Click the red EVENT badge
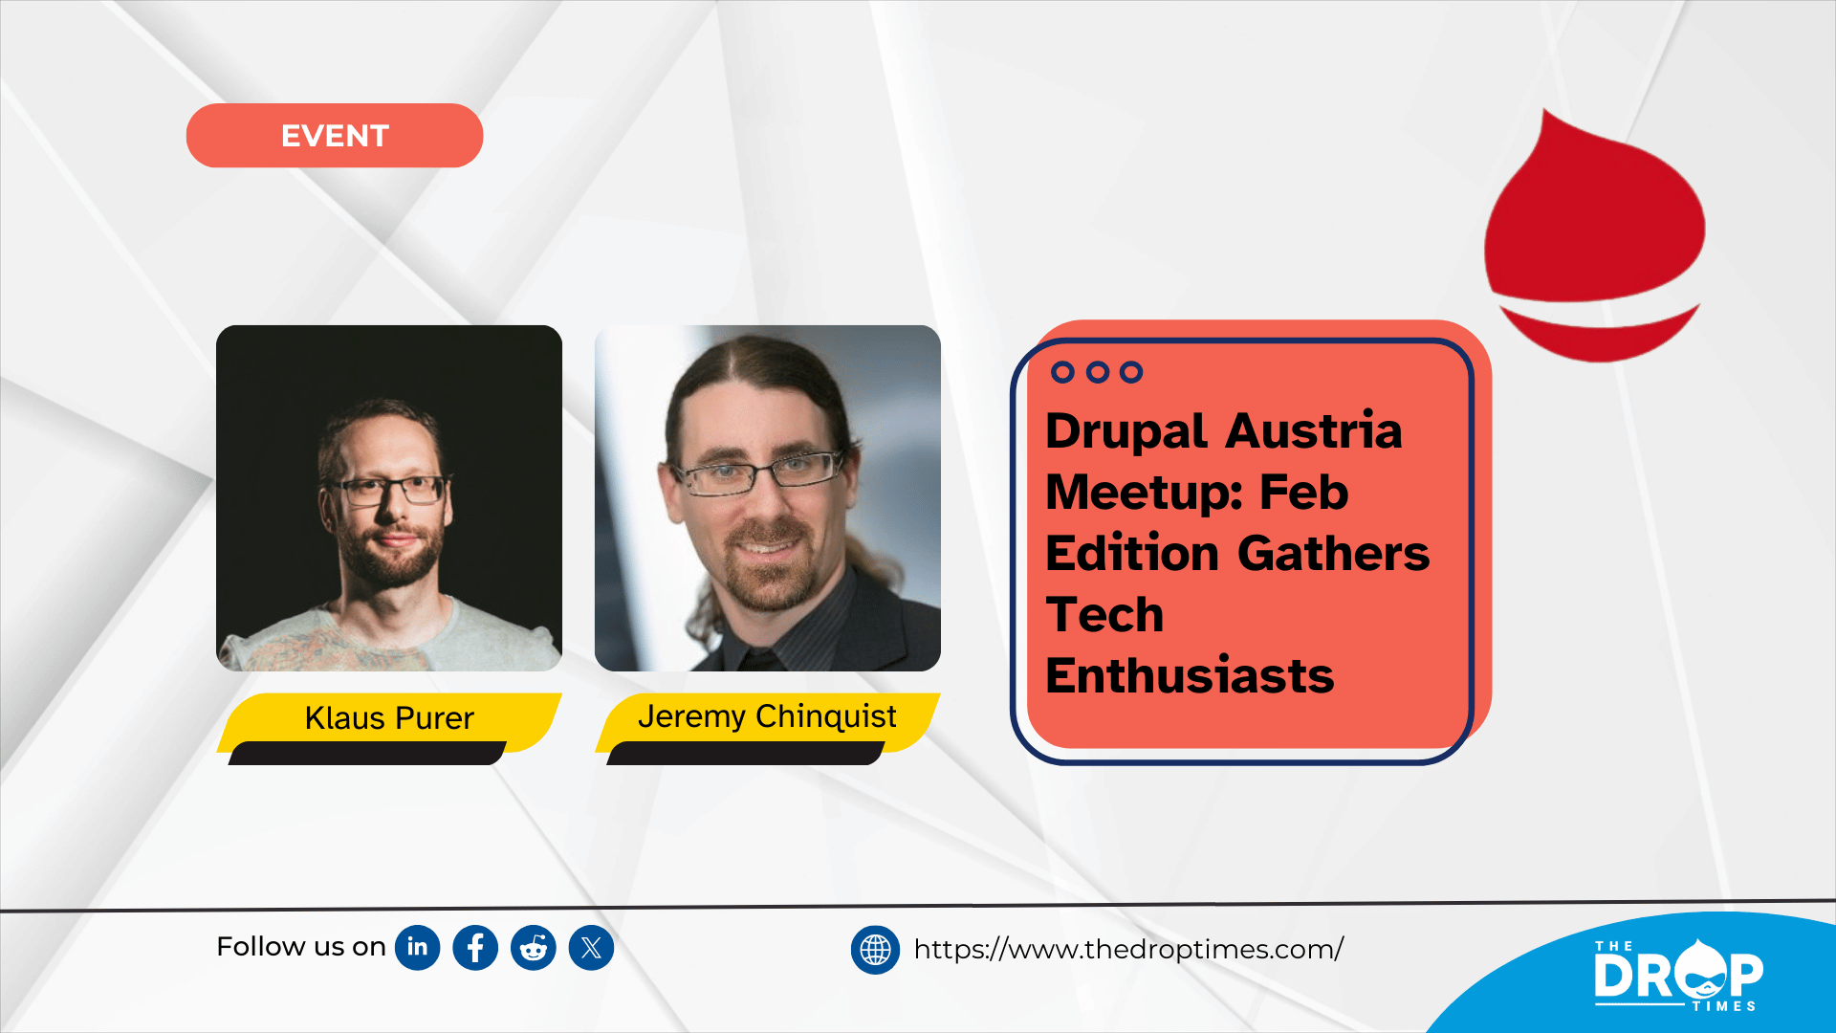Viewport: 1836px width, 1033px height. pyautogui.click(x=335, y=136)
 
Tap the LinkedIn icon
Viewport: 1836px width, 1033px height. pyautogui.click(x=418, y=948)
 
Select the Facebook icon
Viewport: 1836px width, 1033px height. pyautogui.click(x=475, y=948)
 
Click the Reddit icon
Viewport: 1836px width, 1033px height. pyautogui.click(x=534, y=948)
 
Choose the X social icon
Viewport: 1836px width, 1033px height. pyautogui.click(x=591, y=948)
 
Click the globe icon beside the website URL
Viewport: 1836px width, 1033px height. pyautogui.click(x=875, y=950)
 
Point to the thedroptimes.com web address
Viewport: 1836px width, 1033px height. pyautogui.click(x=1128, y=949)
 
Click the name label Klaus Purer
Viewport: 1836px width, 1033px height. pyautogui.click(x=389, y=717)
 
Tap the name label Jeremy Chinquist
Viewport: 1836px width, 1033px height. pyautogui.click(x=767, y=716)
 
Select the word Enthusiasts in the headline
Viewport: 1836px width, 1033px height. pyautogui.click(x=1190, y=676)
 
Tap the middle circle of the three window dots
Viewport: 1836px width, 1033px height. pyautogui.click(x=1098, y=372)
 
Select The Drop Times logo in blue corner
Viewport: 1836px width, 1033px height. pyautogui.click(x=1677, y=975)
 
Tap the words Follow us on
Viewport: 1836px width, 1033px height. pyautogui.click(x=301, y=947)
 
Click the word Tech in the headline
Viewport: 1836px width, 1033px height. pyautogui.click(x=1104, y=615)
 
